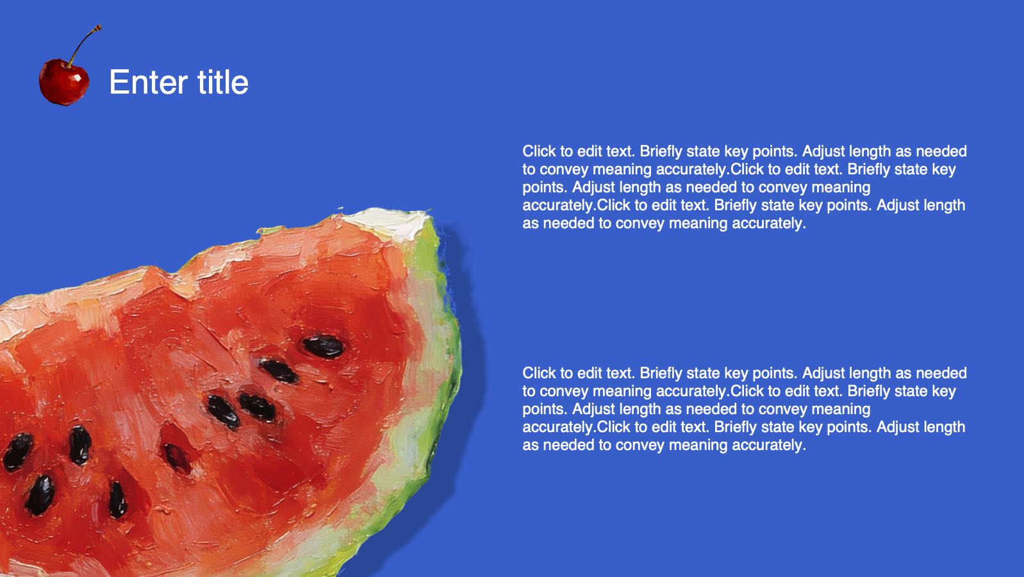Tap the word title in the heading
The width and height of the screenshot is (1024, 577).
tap(223, 82)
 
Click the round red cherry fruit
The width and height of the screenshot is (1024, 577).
tap(64, 82)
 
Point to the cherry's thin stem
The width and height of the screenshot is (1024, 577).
tap(84, 44)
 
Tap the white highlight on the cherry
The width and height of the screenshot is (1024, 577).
tap(78, 78)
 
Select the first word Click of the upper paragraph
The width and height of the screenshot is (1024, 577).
tap(539, 151)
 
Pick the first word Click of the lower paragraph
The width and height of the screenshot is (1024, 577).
tap(539, 373)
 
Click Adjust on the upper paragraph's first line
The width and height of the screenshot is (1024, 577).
tap(823, 151)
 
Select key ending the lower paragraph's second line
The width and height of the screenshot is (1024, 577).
tap(944, 391)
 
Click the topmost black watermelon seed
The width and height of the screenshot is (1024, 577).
tap(323, 346)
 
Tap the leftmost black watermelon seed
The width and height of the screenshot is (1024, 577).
tap(17, 452)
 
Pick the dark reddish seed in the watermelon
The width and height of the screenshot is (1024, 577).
tap(178, 458)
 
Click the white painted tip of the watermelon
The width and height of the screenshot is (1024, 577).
tap(388, 222)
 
